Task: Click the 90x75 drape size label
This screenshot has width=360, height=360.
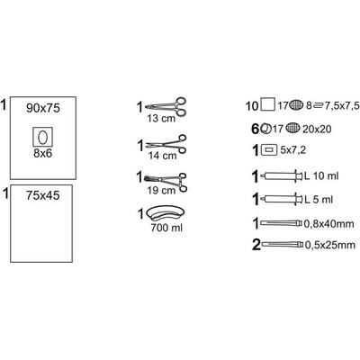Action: point(43,108)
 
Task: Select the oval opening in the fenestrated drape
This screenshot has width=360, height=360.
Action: point(42,138)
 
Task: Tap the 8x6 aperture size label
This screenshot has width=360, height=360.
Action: point(42,154)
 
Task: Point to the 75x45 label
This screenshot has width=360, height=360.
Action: point(42,195)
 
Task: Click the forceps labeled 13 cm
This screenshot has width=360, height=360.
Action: point(166,106)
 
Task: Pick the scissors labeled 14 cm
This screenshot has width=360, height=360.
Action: point(166,144)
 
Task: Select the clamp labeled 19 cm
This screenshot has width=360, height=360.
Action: point(166,181)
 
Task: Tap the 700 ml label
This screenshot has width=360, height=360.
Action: point(166,228)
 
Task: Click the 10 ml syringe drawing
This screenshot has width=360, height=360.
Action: point(282,175)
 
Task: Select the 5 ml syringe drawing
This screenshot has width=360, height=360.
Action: point(282,199)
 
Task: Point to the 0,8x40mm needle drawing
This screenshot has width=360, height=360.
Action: point(282,223)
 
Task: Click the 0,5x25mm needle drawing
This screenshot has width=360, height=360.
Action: point(283,245)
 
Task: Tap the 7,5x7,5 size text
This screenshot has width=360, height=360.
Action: point(342,105)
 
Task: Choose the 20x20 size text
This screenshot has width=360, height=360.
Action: point(317,130)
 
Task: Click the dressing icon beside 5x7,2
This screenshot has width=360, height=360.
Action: point(269,149)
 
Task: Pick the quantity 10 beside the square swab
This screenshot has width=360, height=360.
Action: point(252,106)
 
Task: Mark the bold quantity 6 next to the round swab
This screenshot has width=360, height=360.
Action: point(255,130)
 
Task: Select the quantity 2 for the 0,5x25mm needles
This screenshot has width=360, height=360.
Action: point(256,245)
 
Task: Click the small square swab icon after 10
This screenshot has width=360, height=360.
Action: point(267,105)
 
